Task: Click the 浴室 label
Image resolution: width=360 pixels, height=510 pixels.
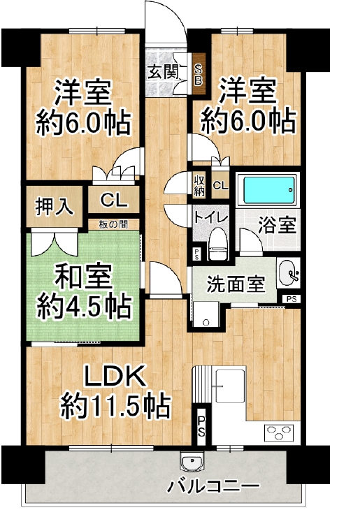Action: [x=277, y=226]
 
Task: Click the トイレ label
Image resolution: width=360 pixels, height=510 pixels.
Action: [x=210, y=217]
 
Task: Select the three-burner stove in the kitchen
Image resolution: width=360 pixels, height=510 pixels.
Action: [x=281, y=433]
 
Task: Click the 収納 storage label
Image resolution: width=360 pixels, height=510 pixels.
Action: [x=200, y=184]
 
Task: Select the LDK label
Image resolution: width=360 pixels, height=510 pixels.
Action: [x=117, y=378]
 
